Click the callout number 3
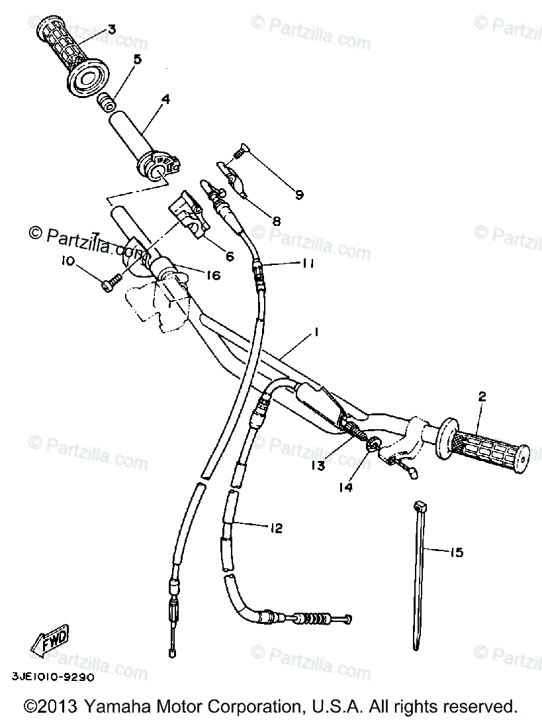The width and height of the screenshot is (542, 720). (111, 28)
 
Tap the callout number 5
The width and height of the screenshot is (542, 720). (137, 59)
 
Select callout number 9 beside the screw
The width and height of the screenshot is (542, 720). (299, 195)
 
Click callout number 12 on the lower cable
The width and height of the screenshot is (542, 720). (276, 528)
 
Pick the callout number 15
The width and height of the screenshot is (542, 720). (456, 551)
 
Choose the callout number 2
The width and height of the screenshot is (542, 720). (482, 397)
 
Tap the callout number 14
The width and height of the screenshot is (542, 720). (346, 487)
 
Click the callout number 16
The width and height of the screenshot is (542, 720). (212, 274)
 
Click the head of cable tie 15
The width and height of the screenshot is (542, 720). (418, 507)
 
